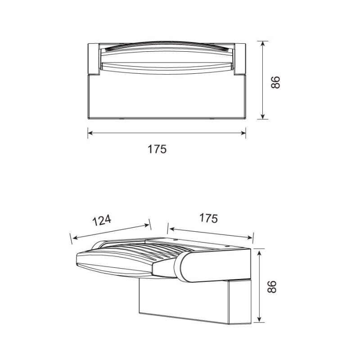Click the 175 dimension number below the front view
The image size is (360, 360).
[x=157, y=149]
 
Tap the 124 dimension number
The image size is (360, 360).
[x=102, y=220]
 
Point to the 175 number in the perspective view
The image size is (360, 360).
[x=208, y=218]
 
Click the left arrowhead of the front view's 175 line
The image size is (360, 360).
[x=90, y=133]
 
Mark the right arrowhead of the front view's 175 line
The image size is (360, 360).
[x=243, y=133]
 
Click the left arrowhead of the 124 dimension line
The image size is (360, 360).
[x=75, y=238]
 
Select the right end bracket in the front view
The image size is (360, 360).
[x=240, y=58]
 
